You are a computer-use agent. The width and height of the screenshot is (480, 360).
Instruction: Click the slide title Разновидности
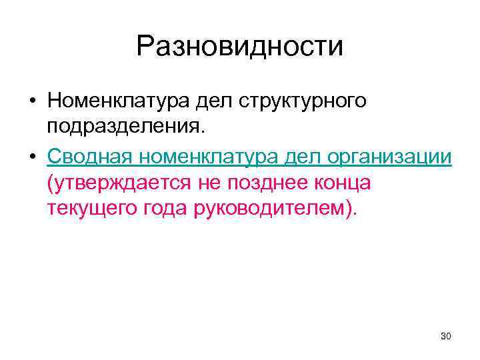[240, 47]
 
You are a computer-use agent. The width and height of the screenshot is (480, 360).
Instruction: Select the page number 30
[446, 337]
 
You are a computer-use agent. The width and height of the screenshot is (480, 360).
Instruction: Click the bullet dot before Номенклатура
[32, 101]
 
